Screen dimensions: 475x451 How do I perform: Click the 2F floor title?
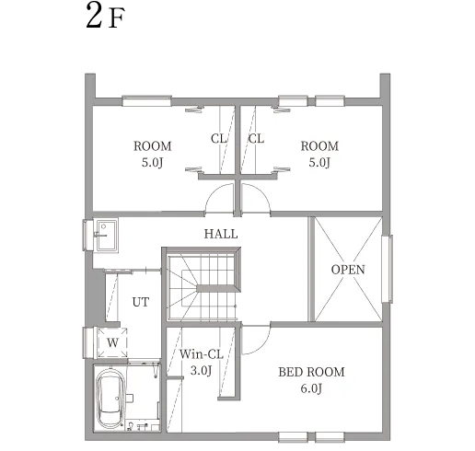105,16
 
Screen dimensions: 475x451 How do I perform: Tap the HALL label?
221,234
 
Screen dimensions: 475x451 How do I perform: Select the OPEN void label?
348,270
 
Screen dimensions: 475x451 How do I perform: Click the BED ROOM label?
311,372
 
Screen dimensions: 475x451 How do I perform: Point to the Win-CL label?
202,354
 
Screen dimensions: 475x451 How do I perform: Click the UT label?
141,302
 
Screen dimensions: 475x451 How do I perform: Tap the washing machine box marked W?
112,342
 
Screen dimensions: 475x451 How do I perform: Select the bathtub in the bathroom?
110,399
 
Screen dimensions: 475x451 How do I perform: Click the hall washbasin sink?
106,236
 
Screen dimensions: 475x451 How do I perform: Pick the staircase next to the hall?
203,284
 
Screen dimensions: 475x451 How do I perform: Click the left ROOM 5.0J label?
153,154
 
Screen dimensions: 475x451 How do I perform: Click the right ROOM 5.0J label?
319,154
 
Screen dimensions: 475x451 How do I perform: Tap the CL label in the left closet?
218,139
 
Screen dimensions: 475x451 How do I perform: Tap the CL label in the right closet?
256,139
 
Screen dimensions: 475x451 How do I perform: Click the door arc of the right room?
261,191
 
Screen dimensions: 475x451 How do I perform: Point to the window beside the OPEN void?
388,269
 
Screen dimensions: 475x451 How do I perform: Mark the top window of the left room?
146,101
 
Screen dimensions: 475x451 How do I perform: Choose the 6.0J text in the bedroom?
311,388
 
